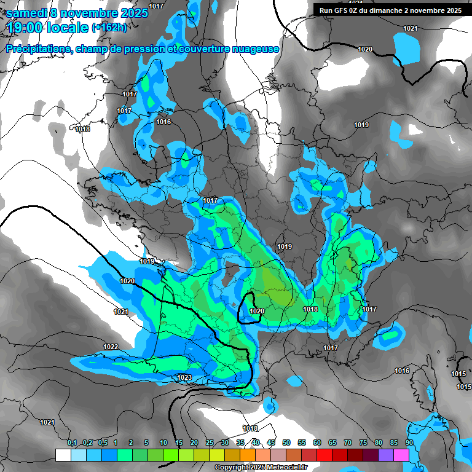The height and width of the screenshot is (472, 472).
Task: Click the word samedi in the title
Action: [27, 13]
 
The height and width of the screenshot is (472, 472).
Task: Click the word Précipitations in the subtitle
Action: [37, 49]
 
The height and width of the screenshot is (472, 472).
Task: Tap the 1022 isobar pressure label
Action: [111, 347]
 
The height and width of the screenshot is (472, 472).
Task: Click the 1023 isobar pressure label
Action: [184, 377]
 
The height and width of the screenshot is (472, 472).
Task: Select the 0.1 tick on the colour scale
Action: [72, 442]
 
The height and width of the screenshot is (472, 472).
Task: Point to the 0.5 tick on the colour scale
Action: [103, 442]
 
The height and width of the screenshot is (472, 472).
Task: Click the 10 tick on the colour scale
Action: [163, 442]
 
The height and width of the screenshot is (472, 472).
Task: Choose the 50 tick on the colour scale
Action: [286, 442]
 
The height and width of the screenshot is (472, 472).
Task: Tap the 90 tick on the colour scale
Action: [409, 442]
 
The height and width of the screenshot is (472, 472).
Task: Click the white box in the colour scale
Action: [63, 455]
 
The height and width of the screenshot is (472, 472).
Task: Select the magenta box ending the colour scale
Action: [401, 455]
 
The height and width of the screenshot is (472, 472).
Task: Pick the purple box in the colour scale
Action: [386, 455]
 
